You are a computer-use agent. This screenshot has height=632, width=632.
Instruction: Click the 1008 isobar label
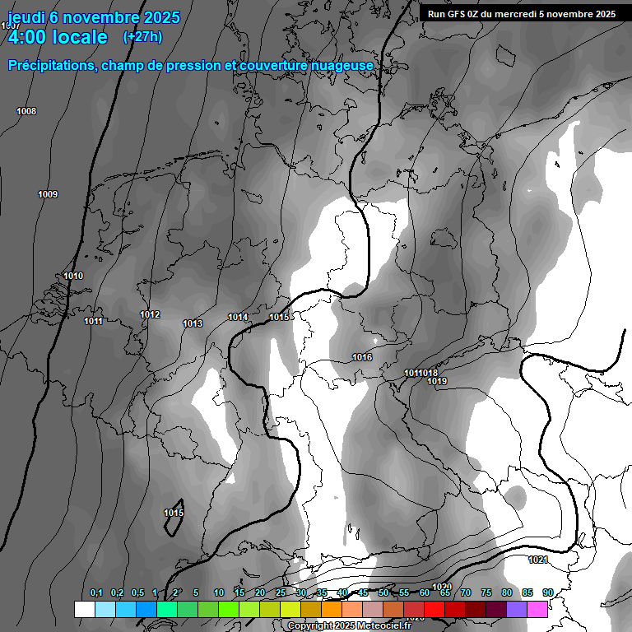(x=26, y=111)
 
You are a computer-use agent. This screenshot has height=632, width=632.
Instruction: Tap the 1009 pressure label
(x=48, y=194)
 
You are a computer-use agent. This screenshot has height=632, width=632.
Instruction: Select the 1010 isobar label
(x=73, y=276)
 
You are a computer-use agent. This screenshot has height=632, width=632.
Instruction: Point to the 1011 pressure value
(x=93, y=321)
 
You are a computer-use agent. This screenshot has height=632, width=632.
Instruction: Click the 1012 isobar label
(x=150, y=314)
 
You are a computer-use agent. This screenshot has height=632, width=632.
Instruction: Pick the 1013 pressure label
(x=193, y=323)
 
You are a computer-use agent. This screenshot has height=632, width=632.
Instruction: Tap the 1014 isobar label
(x=238, y=317)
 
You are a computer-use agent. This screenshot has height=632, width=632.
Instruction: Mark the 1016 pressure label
(x=362, y=357)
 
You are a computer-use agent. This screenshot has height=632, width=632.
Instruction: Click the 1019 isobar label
(x=437, y=381)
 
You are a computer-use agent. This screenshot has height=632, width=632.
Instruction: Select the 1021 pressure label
(x=538, y=560)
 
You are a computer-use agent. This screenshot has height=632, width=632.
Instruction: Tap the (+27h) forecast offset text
(x=142, y=36)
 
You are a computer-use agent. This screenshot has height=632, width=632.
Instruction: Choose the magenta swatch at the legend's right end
(x=537, y=609)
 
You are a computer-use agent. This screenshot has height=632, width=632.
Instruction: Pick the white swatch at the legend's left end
(x=84, y=609)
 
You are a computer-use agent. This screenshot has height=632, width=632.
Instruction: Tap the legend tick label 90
(x=548, y=592)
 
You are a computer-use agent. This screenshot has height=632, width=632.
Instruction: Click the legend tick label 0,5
(x=137, y=592)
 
